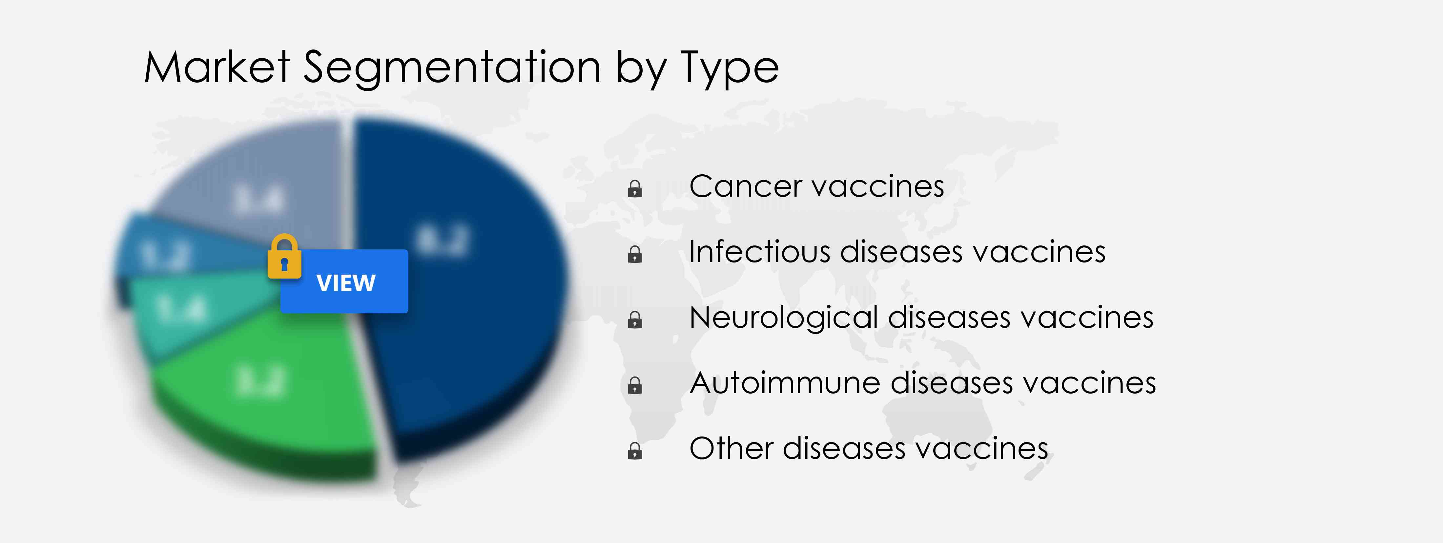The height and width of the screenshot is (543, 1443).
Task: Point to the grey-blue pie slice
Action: [258, 190]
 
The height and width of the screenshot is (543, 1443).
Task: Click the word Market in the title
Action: [217, 67]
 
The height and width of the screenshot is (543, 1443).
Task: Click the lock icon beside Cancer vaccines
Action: [635, 189]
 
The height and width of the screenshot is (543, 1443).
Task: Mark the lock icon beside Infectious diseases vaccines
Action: [635, 255]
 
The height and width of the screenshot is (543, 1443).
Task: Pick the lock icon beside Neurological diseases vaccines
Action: [635, 320]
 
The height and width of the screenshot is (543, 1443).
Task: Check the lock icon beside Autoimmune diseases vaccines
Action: [635, 386]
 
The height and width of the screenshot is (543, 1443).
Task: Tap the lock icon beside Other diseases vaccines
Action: [635, 451]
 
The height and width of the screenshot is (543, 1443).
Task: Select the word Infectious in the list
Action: [759, 252]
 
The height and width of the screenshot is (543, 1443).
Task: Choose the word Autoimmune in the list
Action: [785, 383]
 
